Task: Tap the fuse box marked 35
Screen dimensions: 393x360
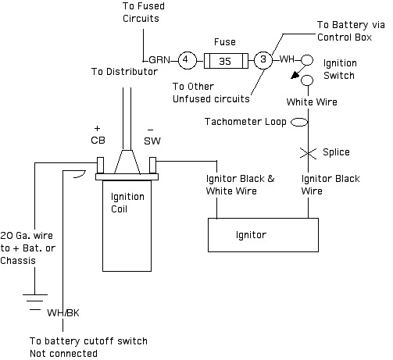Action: tap(226, 61)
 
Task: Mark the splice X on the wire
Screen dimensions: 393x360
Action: tap(309, 153)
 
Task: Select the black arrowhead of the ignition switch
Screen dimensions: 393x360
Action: tap(295, 75)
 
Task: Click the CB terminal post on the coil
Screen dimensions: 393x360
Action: tap(100, 166)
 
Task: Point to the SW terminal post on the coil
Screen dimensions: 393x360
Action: tap(152, 166)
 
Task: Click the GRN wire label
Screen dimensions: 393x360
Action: tap(159, 60)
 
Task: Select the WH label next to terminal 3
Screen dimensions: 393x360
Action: tap(287, 59)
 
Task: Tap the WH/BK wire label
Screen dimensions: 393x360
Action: tap(63, 312)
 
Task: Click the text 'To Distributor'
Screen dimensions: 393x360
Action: tap(124, 72)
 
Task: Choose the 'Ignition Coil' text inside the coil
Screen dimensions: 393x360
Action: tap(127, 203)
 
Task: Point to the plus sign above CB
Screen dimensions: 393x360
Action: tap(97, 128)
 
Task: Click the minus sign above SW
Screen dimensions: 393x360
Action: tap(150, 130)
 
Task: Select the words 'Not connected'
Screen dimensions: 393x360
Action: tap(63, 354)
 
